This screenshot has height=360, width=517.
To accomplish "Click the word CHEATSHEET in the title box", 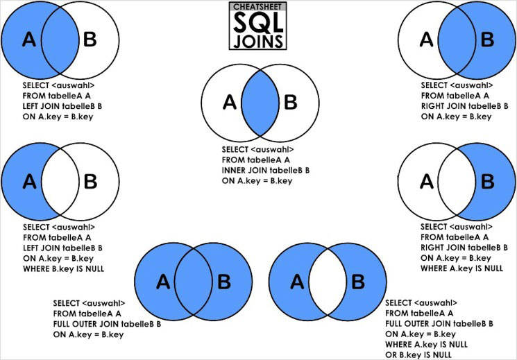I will pyautogui.click(x=258, y=7).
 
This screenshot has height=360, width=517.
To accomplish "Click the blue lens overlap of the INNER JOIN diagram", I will pyautogui.click(x=261, y=104).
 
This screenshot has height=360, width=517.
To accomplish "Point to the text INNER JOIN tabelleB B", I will pyautogui.click(x=266, y=170).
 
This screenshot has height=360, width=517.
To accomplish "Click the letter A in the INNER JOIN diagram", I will pyautogui.click(x=230, y=103).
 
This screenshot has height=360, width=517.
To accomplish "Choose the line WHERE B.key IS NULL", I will pyautogui.click(x=63, y=268).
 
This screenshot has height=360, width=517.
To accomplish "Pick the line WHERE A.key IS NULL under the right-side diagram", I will pyautogui.click(x=462, y=268).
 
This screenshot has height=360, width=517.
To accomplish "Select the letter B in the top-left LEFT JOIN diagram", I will pyautogui.click(x=90, y=40).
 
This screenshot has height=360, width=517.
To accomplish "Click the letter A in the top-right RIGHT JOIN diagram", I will pyautogui.click(x=427, y=40).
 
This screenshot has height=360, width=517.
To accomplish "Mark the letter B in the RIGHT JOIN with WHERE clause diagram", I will pyautogui.click(x=488, y=182).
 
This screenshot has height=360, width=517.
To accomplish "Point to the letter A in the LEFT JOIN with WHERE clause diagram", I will pyautogui.click(x=29, y=182).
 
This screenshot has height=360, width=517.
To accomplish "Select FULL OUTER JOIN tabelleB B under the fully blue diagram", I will pyautogui.click(x=107, y=323).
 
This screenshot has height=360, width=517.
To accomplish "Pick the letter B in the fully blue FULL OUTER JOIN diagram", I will pyautogui.click(x=223, y=281).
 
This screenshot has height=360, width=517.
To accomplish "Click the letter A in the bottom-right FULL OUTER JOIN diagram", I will pyautogui.click(x=296, y=281).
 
